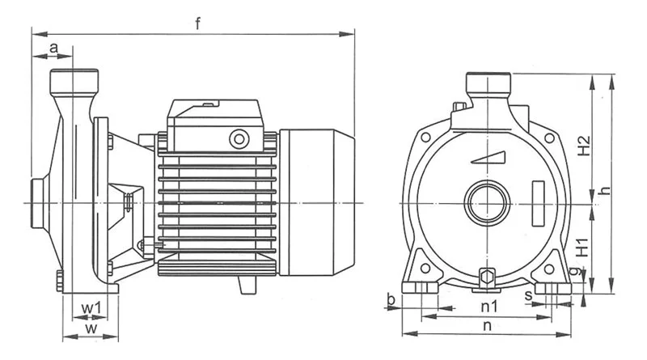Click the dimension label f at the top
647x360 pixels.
coord(198,23)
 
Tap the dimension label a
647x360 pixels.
coord(53,49)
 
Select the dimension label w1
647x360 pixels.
coord(91,308)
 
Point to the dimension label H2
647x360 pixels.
coord(584,146)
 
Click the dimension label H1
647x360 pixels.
coord(581,247)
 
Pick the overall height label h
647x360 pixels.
coord(605,191)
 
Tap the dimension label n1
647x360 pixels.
coord(489,307)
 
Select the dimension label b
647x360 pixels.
coord(391,299)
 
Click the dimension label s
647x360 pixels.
coord(529,295)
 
